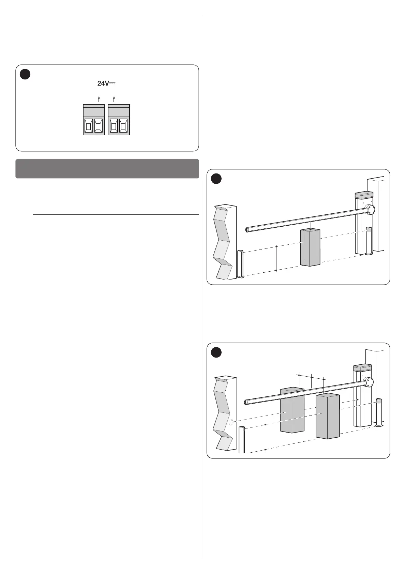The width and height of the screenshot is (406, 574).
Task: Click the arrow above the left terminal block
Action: point(99,99)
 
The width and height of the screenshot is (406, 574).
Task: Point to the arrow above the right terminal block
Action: point(114,99)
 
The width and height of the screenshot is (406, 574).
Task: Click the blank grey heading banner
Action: point(107,169)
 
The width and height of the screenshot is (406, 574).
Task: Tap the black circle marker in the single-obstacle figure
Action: point(216,179)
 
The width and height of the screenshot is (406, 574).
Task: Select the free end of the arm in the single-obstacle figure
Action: point(248,230)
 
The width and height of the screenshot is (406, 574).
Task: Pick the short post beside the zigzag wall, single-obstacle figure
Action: point(240,264)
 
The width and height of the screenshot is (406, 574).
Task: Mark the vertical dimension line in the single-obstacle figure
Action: point(276,258)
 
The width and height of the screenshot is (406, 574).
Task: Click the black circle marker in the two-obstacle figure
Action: point(216,352)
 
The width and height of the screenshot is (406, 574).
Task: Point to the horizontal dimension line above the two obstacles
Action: point(311,377)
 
